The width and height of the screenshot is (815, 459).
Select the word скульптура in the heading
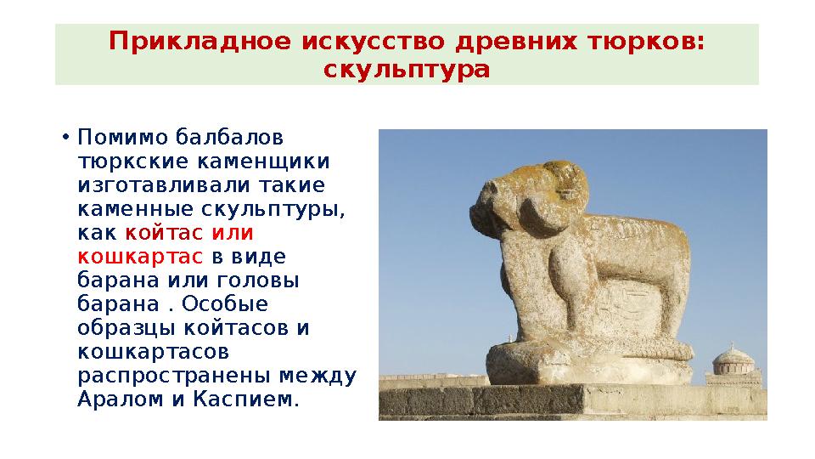click(x=407, y=69)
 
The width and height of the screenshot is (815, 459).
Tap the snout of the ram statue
click(x=482, y=215)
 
